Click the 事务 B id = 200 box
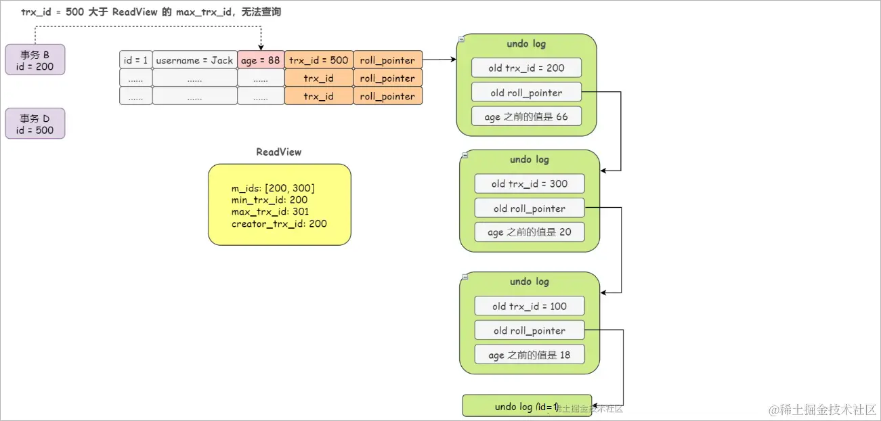pos(35,60)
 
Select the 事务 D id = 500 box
pos(35,124)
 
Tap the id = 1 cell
pos(135,60)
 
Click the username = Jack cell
pos(194,60)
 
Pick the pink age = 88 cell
pos(261,60)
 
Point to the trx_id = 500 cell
pos(318,60)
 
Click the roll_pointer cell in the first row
pos(387,60)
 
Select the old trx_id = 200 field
pos(527,68)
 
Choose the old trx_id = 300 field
pos(530,184)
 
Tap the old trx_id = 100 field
pos(530,307)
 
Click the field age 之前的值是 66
pos(527,117)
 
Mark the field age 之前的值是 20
pos(530,232)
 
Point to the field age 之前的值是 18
pos(530,355)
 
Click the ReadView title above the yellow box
pos(278,152)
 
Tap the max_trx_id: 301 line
pos(270,212)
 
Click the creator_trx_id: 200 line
pos(279,223)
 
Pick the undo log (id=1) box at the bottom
pos(527,406)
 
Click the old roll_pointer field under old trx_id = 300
pos(530,208)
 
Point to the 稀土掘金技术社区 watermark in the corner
pos(822,409)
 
